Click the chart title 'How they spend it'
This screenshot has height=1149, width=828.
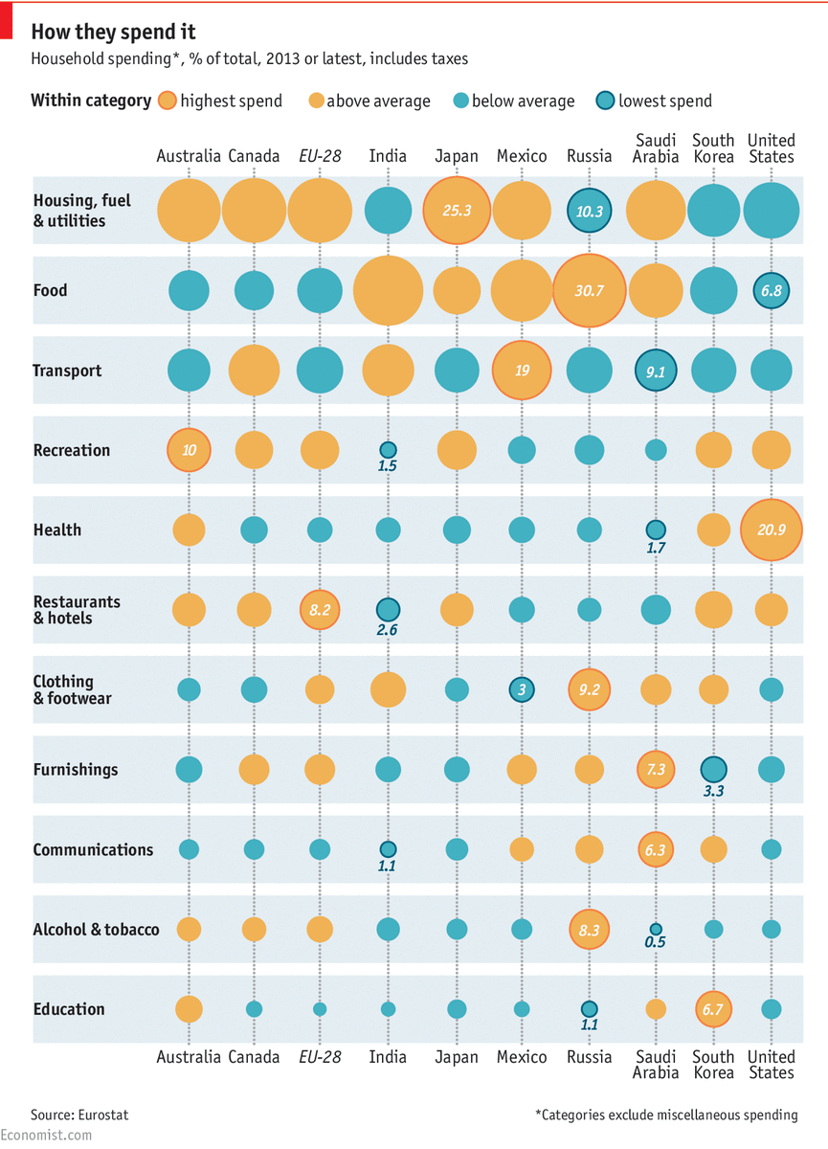(113, 34)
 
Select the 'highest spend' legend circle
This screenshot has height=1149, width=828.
(168, 101)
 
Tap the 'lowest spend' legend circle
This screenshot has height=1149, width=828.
(606, 101)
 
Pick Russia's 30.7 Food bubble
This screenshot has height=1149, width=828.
(589, 290)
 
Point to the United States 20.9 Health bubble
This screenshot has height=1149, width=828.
(771, 529)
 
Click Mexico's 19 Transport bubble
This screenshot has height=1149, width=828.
(522, 370)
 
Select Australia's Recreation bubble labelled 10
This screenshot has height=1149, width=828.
(189, 450)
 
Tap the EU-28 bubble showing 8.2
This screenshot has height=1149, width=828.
(320, 609)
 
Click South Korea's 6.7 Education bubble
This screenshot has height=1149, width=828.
(713, 1008)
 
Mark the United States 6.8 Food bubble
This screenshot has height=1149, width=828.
(771, 290)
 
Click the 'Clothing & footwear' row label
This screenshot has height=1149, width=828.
(72, 689)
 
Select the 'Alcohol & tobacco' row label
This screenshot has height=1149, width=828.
(96, 929)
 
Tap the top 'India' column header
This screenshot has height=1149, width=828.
(388, 156)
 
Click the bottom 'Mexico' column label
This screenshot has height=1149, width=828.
(522, 1057)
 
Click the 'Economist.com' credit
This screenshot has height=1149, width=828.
(47, 1135)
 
